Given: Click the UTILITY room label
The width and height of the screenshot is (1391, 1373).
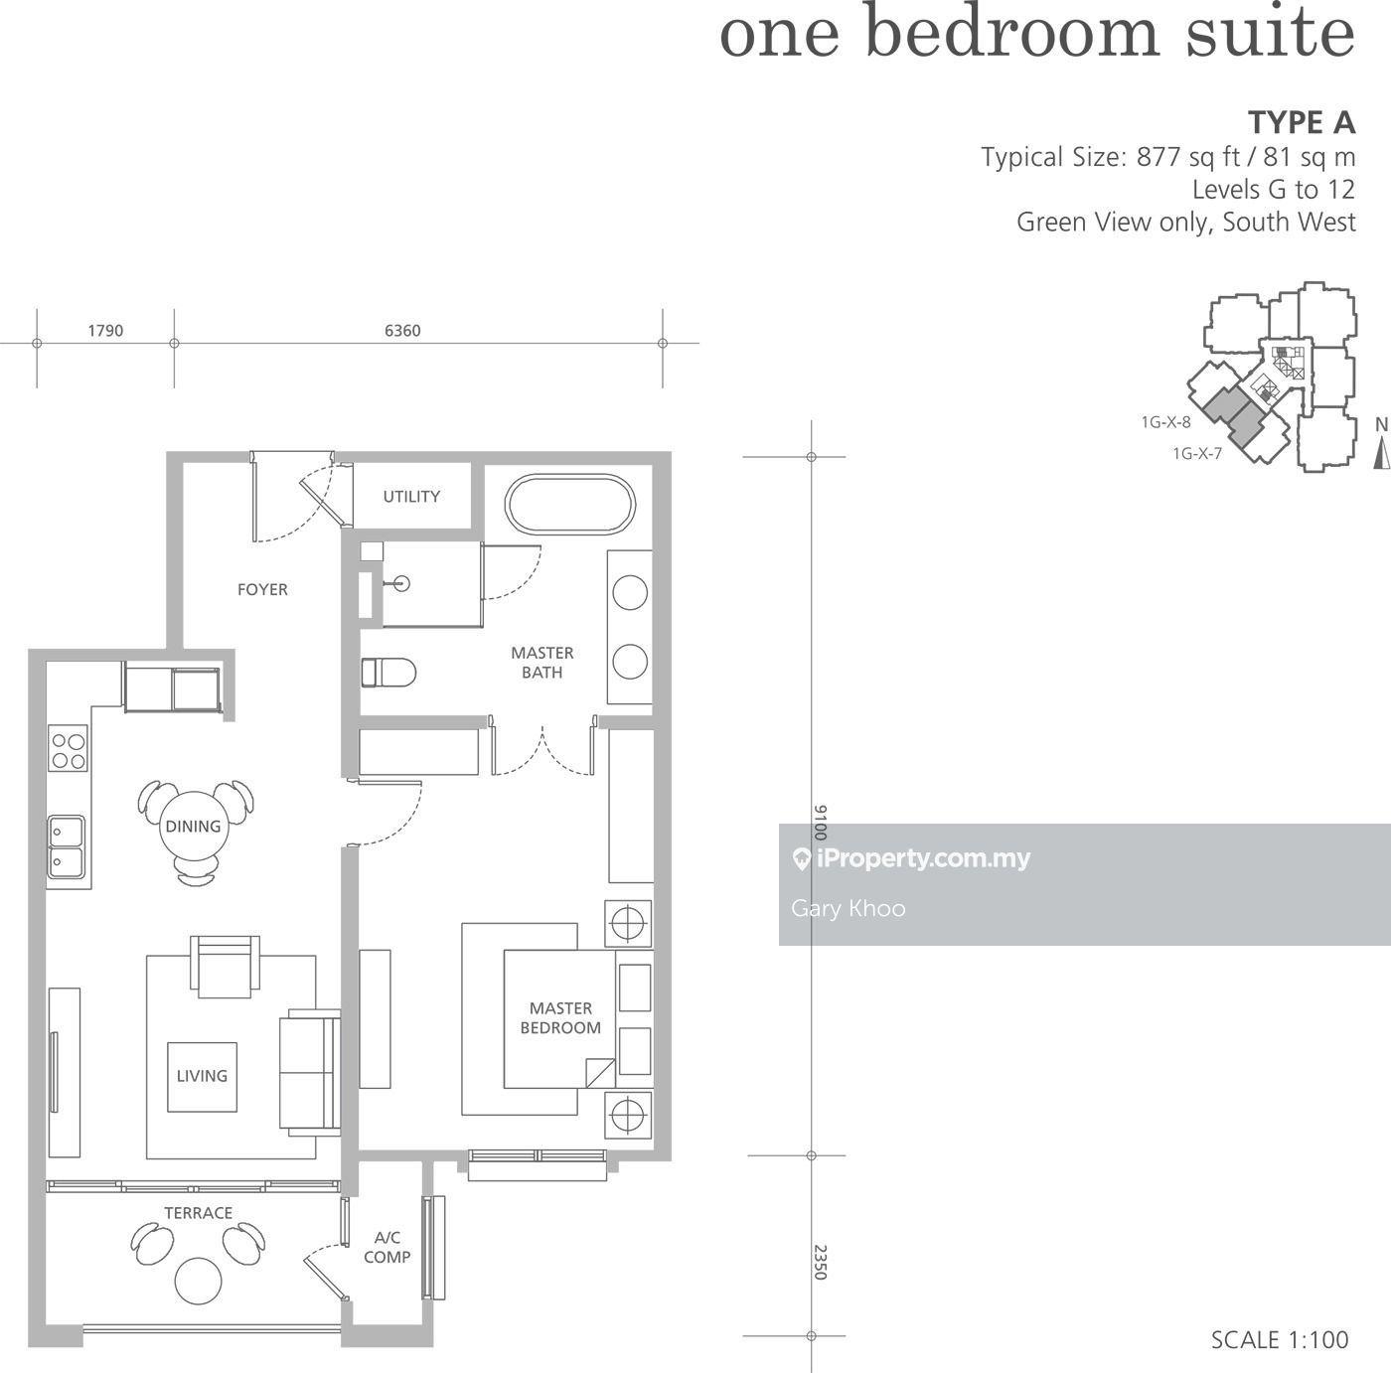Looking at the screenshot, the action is click(x=410, y=496).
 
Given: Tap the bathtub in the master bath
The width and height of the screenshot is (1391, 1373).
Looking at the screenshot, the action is click(x=570, y=506).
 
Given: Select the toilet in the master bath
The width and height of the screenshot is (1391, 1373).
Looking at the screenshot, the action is click(x=388, y=673).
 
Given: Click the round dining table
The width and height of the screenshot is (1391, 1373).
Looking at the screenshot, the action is click(x=194, y=826).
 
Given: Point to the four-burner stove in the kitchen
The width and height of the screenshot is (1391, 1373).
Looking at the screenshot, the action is click(x=68, y=749).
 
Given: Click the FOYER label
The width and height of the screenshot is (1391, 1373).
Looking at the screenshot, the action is click(x=262, y=590).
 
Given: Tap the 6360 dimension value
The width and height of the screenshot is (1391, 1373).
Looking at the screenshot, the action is click(x=402, y=331).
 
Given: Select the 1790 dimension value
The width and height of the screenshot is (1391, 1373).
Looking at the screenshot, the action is click(x=105, y=331).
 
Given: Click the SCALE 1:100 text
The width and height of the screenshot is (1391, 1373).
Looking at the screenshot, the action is click(x=1279, y=1340).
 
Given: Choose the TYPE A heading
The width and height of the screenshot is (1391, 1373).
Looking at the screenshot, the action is click(x=1302, y=123).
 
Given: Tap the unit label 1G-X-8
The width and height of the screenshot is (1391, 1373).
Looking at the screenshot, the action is click(x=1165, y=421).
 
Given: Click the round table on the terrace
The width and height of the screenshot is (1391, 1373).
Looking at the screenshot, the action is click(x=199, y=1281).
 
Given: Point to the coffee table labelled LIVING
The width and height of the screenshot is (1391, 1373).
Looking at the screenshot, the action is click(x=202, y=1076).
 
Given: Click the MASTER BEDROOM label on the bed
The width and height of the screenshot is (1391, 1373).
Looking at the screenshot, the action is click(x=560, y=1018).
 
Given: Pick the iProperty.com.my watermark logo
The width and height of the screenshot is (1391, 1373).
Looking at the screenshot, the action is click(x=911, y=858).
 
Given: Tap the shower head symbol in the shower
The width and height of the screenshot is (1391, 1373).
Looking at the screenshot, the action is click(x=402, y=583).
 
